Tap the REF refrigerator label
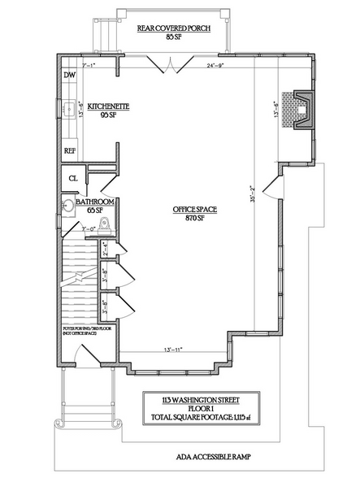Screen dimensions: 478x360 pyautogui.click(x=69, y=151)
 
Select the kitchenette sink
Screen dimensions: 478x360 pyautogui.click(x=69, y=107)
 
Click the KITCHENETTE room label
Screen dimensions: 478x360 pyautogui.click(x=106, y=106)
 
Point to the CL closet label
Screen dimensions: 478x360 pyautogui.click(x=72, y=178)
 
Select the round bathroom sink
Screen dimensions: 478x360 pyautogui.click(x=67, y=206)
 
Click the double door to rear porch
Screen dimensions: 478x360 pyautogui.click(x=168, y=63)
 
